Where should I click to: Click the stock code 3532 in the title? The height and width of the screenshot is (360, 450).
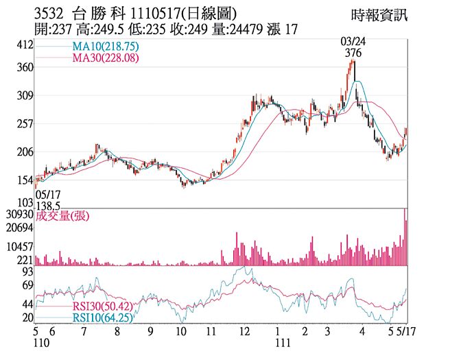[49, 14]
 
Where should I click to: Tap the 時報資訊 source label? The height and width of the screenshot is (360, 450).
[379, 15]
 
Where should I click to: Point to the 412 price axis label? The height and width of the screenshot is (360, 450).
[25, 45]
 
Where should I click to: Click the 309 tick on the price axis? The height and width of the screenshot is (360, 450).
[25, 96]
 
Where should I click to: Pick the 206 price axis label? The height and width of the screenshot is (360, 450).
[25, 152]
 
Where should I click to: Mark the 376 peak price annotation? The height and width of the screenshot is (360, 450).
[353, 53]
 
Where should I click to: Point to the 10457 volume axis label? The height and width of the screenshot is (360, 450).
[21, 245]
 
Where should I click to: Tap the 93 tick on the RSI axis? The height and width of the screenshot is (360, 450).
[27, 272]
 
